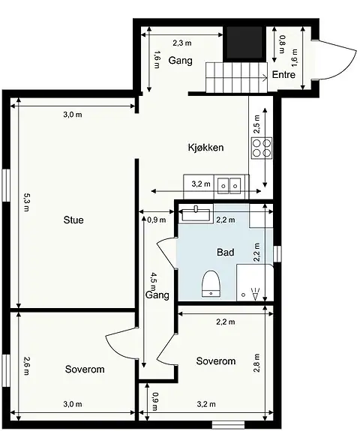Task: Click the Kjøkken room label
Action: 205,148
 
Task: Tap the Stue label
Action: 73,220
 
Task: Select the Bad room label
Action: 226,253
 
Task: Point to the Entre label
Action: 283,74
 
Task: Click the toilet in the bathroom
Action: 211,283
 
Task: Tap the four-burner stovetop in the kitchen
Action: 262,148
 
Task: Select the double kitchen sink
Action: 229,186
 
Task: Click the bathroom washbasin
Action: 196,214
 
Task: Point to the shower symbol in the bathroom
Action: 255,293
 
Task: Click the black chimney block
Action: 244,43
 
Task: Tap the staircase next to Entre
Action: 237,77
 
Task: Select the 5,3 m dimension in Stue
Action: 26,202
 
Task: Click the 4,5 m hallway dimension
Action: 152,281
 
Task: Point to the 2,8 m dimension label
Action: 256,363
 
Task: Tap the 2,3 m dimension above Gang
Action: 182,43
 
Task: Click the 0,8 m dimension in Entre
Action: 282,44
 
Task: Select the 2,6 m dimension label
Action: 26,366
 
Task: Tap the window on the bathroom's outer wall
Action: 277,253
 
